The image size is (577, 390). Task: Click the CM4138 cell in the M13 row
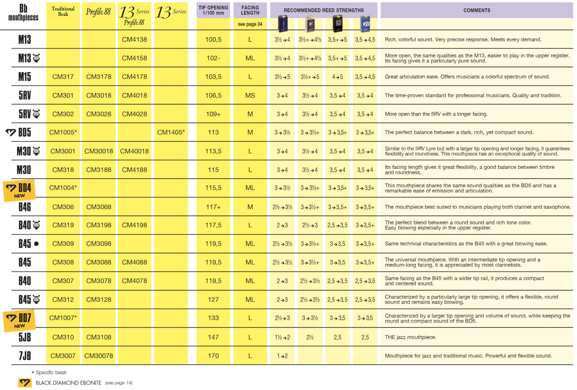[134, 39]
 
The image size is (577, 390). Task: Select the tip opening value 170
[213, 356]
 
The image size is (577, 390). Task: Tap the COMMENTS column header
[476, 10]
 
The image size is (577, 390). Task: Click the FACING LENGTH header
[250, 10]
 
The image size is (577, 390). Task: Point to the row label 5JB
[25, 337]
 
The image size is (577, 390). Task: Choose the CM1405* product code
[171, 132]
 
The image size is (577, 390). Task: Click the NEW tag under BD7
[20, 326]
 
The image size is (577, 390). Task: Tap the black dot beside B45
[36, 244]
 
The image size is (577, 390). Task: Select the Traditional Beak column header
[63, 11]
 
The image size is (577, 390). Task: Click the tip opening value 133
[213, 318]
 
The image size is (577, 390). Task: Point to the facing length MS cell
[250, 95]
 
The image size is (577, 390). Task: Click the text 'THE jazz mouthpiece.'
[410, 337]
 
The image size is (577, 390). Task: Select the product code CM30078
[98, 356]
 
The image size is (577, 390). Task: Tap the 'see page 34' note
[250, 24]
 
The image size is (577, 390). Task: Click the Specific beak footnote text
[51, 373]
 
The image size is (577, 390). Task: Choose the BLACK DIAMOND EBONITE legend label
[68, 383]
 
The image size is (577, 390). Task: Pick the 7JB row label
[25, 356]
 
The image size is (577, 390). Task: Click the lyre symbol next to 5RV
[36, 114]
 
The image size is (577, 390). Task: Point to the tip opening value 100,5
[213, 39]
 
